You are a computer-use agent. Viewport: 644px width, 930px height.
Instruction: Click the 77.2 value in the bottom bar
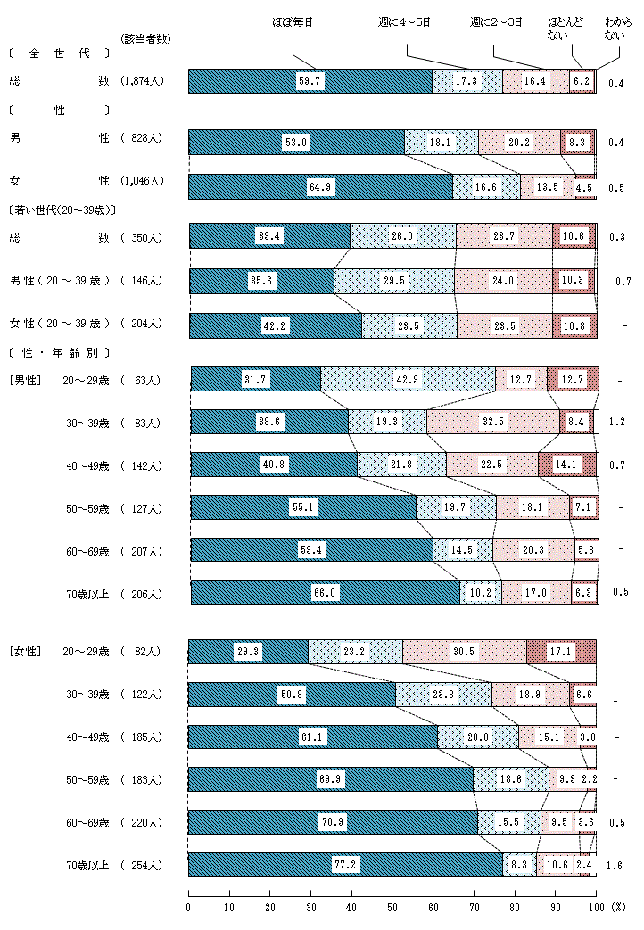346,866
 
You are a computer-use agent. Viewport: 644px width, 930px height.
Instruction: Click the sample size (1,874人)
141,81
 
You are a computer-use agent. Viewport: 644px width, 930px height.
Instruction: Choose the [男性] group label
25,381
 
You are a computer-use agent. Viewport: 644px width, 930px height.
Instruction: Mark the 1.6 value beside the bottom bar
615,866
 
